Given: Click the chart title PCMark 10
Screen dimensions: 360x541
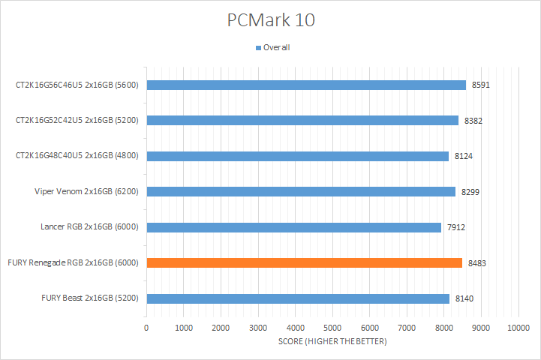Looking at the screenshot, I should tap(271, 20).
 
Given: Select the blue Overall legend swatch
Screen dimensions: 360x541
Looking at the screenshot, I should tap(259, 48).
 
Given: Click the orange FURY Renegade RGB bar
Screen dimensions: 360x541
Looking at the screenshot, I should tap(304, 262).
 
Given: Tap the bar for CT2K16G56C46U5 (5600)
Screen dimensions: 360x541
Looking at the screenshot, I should tap(306, 85).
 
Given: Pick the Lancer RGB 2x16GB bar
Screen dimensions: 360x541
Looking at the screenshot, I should tap(293, 226).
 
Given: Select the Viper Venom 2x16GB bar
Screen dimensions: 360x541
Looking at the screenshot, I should tap(301, 191).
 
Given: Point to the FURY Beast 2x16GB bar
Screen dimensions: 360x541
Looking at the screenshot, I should tap(298, 298).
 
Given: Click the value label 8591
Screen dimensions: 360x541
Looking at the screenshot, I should tap(481, 85).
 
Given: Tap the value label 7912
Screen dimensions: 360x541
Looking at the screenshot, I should tap(455, 227).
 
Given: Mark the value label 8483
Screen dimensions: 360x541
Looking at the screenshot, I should tap(476, 263).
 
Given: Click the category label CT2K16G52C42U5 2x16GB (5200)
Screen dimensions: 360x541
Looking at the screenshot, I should tap(80, 120).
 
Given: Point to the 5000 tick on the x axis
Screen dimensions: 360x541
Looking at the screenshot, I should tap(332, 328).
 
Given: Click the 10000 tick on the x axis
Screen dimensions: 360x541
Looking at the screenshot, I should tap(518, 328).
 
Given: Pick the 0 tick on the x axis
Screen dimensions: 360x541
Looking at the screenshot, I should tap(147, 328).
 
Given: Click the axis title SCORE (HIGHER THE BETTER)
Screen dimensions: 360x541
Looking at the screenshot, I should tap(332, 343).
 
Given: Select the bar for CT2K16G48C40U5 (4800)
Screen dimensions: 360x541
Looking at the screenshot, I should tap(298, 156).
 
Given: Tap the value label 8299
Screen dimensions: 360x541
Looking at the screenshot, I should tap(470, 192).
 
